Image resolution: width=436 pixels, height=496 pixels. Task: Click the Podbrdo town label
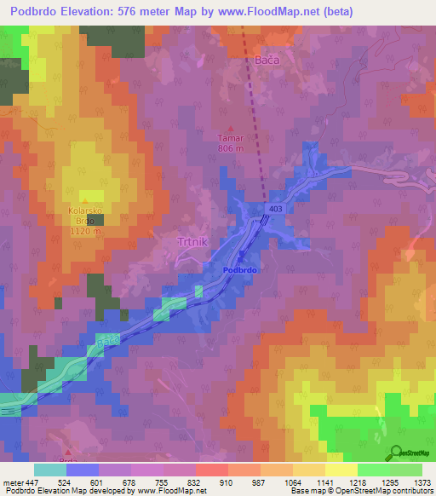(240, 268)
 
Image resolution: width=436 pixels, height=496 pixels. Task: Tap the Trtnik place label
(192, 242)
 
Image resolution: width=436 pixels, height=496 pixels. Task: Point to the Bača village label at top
(267, 61)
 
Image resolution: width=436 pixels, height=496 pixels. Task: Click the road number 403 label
(274, 208)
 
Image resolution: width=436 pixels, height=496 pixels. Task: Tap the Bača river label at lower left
(108, 341)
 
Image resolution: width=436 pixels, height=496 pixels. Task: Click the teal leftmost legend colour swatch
(50, 470)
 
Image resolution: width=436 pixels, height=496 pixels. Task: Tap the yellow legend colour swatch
(341, 470)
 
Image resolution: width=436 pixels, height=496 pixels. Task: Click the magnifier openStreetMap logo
(398, 452)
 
